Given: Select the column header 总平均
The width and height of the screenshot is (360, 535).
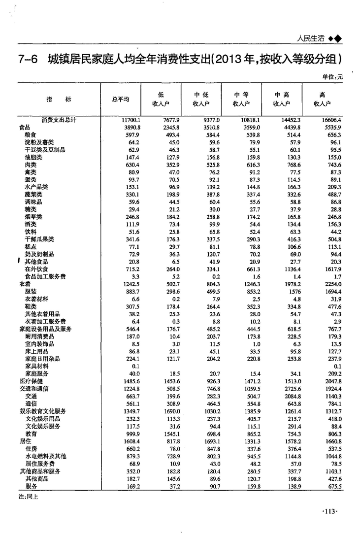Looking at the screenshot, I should click(121, 99).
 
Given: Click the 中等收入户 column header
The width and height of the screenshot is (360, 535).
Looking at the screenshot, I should click(241, 99).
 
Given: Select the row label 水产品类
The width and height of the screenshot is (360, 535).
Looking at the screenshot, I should click(36, 187).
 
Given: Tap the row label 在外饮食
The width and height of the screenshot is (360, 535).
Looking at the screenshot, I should click(36, 269).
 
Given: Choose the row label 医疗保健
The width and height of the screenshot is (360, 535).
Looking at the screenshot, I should click(32, 381).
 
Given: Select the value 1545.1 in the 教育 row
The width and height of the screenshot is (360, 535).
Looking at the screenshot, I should click(172, 434).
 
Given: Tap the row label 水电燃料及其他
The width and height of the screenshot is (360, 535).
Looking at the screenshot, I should click(45, 456).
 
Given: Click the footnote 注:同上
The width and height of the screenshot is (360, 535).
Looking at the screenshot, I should click(28, 497).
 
